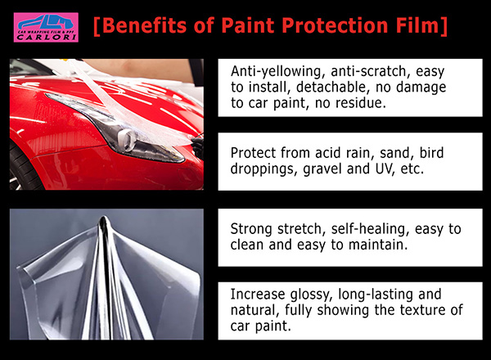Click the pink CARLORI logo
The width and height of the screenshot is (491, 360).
46,27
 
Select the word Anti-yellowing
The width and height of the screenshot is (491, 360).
276,72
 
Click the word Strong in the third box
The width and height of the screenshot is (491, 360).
251,229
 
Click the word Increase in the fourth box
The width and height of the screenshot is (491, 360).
258,295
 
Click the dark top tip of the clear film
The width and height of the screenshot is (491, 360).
103,220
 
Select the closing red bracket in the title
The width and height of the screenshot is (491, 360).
444,25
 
